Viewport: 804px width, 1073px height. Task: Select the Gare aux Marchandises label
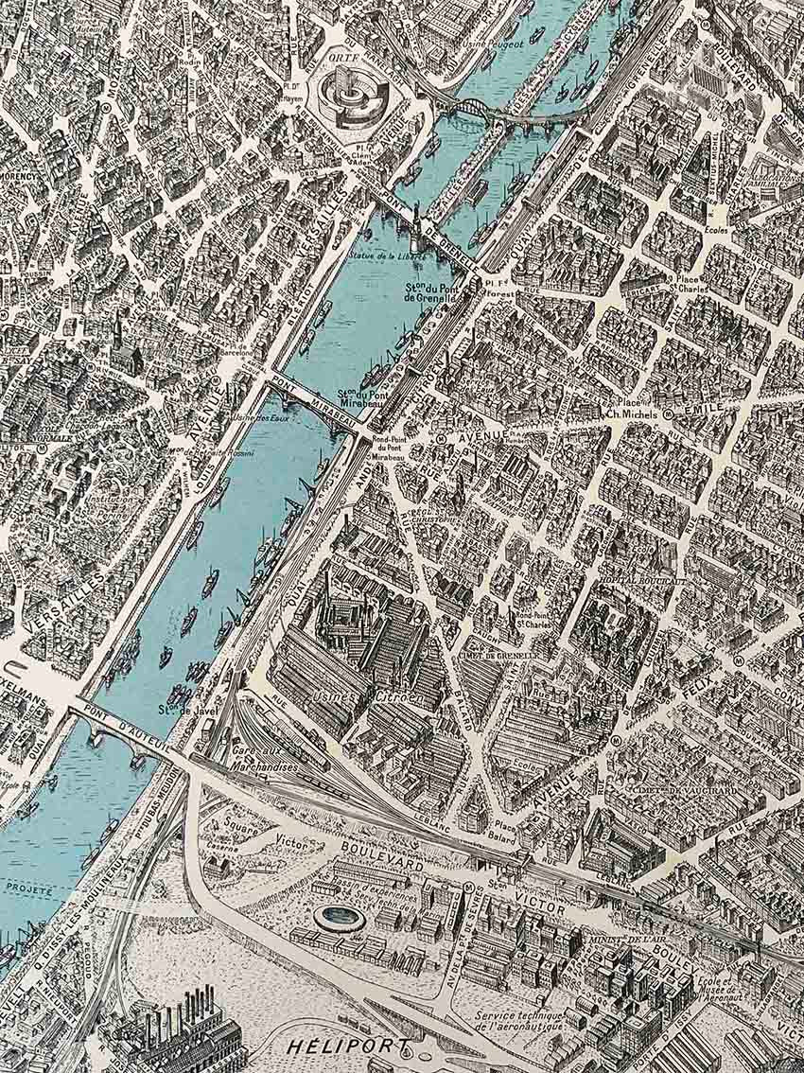click(262, 760)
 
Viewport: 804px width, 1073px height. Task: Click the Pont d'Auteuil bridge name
click(123, 728)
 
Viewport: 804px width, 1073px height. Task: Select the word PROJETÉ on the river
click(28, 888)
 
